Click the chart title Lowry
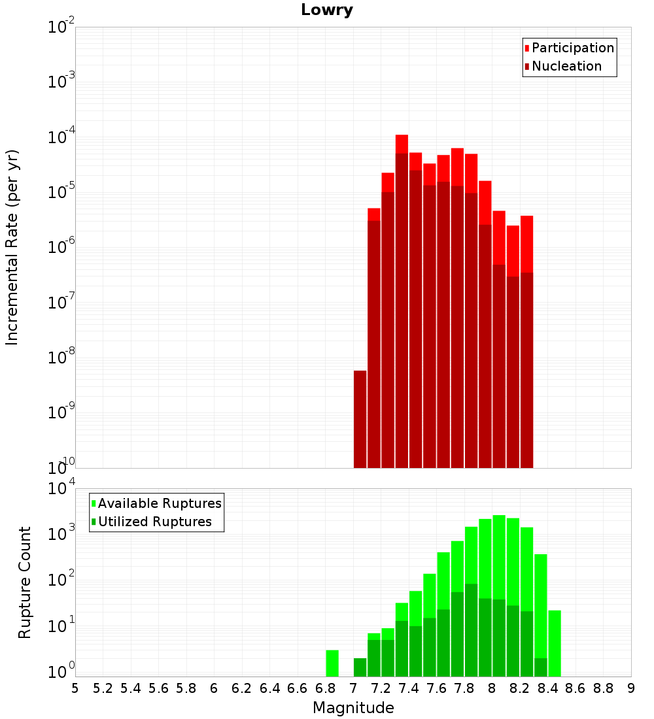pyautogui.click(x=327, y=10)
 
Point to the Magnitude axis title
pyautogui.click(x=353, y=708)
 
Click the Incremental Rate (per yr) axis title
pyautogui.click(x=12, y=247)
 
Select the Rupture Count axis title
pyautogui.click(x=25, y=582)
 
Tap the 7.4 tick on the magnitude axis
pyautogui.click(x=409, y=688)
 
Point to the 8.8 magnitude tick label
pyautogui.click(x=603, y=688)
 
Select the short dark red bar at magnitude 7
pyautogui.click(x=360, y=418)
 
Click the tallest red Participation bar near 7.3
pyautogui.click(x=402, y=144)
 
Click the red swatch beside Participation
pyautogui.click(x=527, y=48)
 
